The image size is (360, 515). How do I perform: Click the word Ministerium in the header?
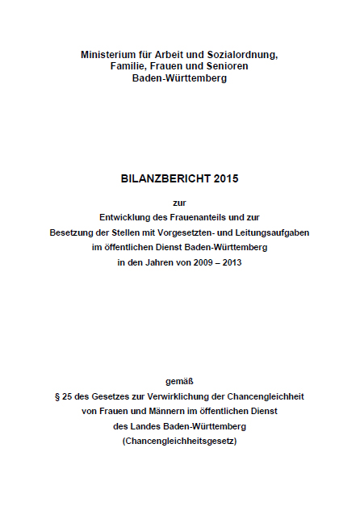(108, 54)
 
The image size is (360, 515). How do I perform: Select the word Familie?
(130, 66)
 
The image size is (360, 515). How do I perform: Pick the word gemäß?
(179, 380)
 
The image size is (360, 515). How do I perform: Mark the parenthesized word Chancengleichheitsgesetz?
(179, 442)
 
